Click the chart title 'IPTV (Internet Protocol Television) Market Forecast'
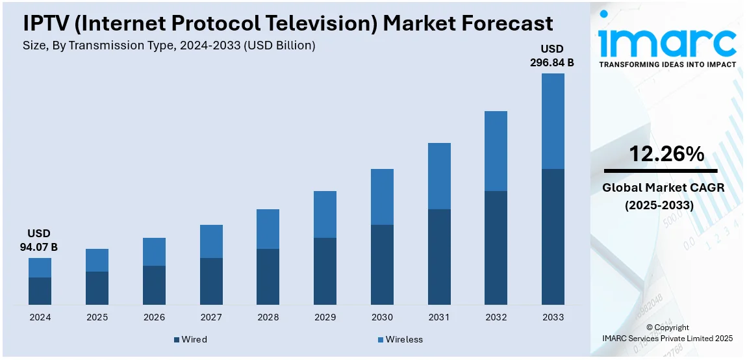[x=288, y=23]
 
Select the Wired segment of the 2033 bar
[x=553, y=237]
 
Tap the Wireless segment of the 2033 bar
[x=553, y=121]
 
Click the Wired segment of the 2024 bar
[x=40, y=291]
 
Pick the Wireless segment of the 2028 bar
[x=268, y=229]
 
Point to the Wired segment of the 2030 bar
[x=382, y=264]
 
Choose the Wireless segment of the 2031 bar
[x=439, y=175]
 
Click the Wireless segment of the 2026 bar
[x=154, y=251]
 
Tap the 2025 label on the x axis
[x=97, y=318]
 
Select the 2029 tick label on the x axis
[x=325, y=318]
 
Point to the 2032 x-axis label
[x=496, y=318]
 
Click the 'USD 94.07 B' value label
[x=39, y=240]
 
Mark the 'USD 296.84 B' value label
[x=552, y=56]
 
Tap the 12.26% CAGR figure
[x=666, y=154]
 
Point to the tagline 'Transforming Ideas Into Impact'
[x=667, y=64]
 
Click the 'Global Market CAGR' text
[x=663, y=188]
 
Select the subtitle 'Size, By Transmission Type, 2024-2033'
[x=170, y=45]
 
